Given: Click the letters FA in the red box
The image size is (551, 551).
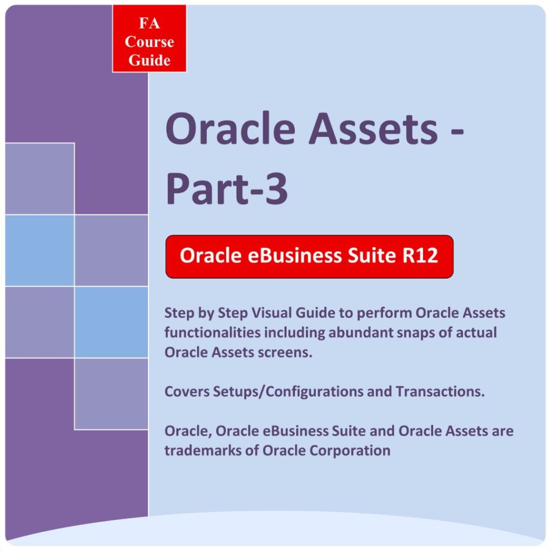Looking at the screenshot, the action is pos(150,23).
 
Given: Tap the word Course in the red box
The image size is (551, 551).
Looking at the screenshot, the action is pos(150,42).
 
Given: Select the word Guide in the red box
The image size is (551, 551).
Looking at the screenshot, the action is pos(150,60).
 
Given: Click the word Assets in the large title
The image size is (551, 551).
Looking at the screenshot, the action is pos(373,128).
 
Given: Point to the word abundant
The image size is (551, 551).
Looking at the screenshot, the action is pos(360,333).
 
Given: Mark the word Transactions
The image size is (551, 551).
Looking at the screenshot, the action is pos(440,392).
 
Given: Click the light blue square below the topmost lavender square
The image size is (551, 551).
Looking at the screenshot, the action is pos(40,250).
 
